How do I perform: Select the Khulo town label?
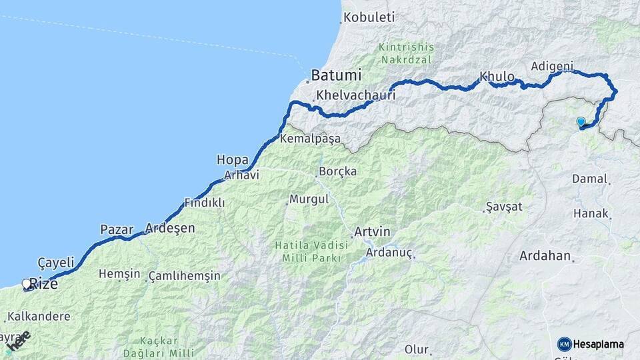pyautogui.click(x=497, y=77)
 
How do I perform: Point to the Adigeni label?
pyautogui.click(x=553, y=66)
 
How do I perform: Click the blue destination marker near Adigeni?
pyautogui.click(x=581, y=121)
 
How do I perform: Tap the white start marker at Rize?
pyautogui.click(x=27, y=284)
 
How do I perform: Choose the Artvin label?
pyautogui.click(x=372, y=232)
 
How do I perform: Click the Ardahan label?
pyautogui.click(x=545, y=256)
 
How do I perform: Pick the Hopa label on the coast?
pyautogui.click(x=232, y=159)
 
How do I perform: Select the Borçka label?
pyautogui.click(x=338, y=171)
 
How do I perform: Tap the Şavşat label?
pyautogui.click(x=505, y=207)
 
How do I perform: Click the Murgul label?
pyautogui.click(x=309, y=199)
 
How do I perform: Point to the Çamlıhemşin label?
pyautogui.click(x=184, y=275)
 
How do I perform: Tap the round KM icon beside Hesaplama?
pyautogui.click(x=564, y=344)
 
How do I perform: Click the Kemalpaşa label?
pyautogui.click(x=311, y=139)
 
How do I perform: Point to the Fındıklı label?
pyautogui.click(x=205, y=203)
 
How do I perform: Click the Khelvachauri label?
pyautogui.click(x=356, y=95)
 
